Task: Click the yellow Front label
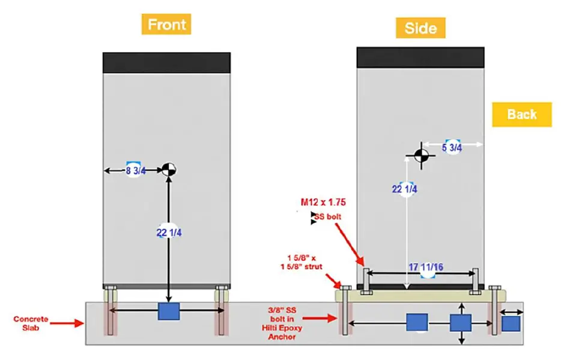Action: click(x=166, y=25)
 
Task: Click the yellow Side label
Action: click(x=420, y=27)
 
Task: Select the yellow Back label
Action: click(x=521, y=114)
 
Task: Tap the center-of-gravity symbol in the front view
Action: click(x=169, y=169)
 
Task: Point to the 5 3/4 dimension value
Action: click(x=452, y=147)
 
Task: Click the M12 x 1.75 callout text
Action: click(x=323, y=202)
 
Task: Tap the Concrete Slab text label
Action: click(x=31, y=323)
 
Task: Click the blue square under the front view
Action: click(x=169, y=311)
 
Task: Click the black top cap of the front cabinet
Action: click(x=166, y=63)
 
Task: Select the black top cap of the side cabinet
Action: click(x=420, y=57)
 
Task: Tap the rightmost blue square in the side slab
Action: click(x=510, y=323)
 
